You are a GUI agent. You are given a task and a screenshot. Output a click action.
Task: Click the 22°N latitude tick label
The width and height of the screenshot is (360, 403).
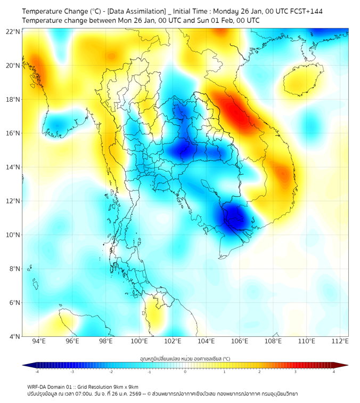pyautogui.click(x=13, y=31)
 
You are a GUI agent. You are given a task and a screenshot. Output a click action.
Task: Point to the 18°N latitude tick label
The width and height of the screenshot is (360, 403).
pyautogui.click(x=13, y=100)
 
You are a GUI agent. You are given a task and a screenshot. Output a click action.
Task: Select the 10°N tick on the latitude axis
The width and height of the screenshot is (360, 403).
pyautogui.click(x=13, y=235)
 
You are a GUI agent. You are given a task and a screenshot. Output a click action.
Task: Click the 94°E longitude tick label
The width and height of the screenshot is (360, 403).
pyautogui.click(x=39, y=341)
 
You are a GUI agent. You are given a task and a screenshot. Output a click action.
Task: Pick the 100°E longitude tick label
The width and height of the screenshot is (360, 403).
pyautogui.click(x=140, y=341)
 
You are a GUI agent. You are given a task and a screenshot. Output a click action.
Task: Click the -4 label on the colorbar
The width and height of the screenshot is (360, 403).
pyautogui.click(x=37, y=372)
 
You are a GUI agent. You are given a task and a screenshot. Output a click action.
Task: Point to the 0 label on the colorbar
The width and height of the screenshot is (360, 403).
pyautogui.click(x=185, y=372)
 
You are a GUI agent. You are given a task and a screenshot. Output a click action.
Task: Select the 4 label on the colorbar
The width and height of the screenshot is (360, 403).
pyautogui.click(x=334, y=372)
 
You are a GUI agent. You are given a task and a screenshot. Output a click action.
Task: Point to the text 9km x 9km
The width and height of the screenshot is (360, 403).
pyautogui.click(x=124, y=386)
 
